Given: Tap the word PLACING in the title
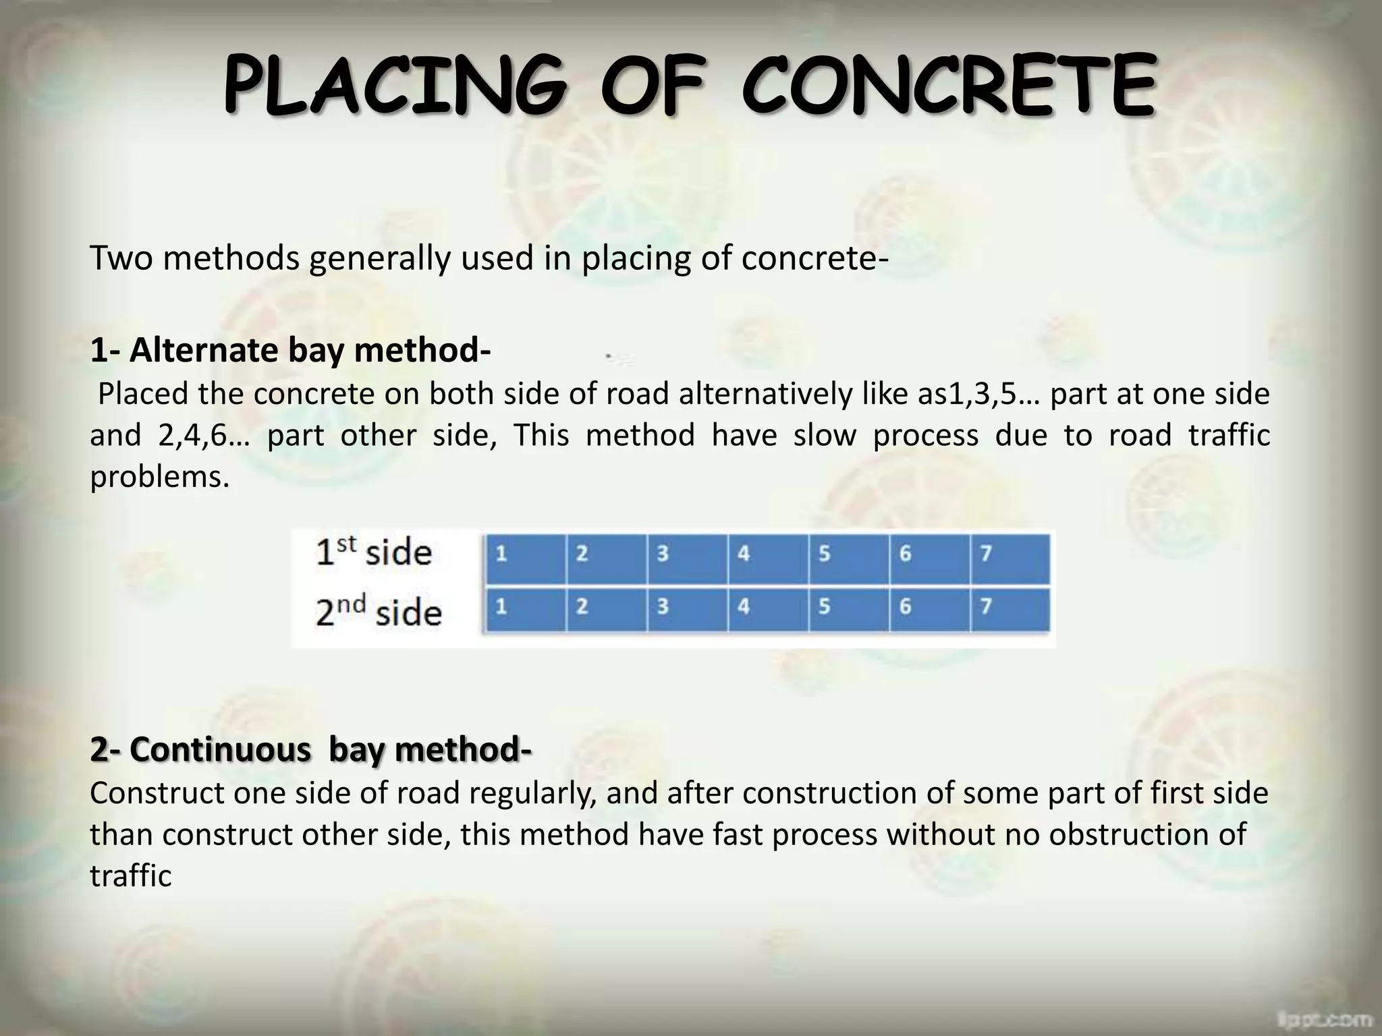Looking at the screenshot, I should pos(395,88).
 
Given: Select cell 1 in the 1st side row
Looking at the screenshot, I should pos(526,558).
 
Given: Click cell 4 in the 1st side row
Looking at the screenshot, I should pos(768,558).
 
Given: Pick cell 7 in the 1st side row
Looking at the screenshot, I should pos(1010,558).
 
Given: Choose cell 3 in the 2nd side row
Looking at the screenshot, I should pos(687,610).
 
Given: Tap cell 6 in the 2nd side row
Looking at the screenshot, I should pos(929,610).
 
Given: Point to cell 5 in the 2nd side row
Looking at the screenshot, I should pos(848,610).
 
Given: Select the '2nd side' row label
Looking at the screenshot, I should pos(379,611).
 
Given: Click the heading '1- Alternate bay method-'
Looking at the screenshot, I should pos(290,351).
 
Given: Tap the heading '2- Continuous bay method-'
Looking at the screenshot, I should pos(310,749).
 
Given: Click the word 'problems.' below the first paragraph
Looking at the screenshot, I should pos(160,478).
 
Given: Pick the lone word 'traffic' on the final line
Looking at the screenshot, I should pos(131,876).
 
